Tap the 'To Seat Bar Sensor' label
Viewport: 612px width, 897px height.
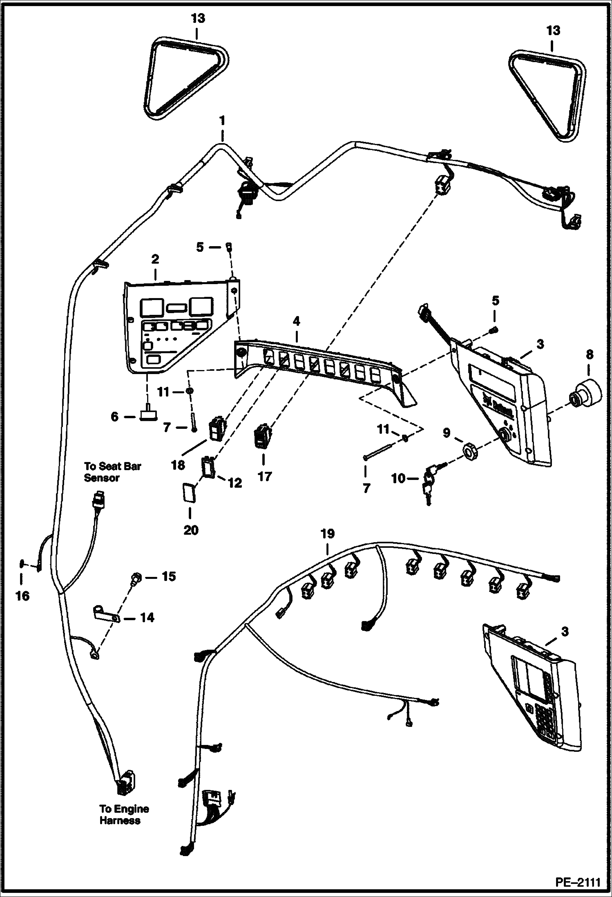tap(112, 472)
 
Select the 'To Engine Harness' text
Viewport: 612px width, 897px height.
tap(124, 814)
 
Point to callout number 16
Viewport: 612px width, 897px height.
tap(23, 596)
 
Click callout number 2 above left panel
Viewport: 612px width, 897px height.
tap(155, 259)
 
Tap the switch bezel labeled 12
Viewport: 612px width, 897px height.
tap(209, 467)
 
